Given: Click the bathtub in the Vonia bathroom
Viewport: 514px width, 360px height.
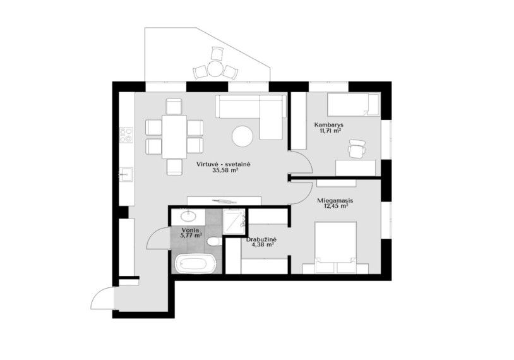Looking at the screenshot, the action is [x=195, y=263].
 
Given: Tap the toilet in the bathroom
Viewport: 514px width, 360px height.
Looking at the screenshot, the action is [x=214, y=241].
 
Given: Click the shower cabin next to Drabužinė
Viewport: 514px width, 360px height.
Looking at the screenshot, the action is [x=234, y=221].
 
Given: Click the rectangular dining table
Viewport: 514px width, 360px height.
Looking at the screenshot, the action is [x=174, y=136].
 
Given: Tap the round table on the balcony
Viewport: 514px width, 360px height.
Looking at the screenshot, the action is [x=215, y=68].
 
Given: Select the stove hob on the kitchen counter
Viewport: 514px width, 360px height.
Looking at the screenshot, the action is [x=126, y=135].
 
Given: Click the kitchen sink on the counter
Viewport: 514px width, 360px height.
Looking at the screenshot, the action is [x=126, y=174].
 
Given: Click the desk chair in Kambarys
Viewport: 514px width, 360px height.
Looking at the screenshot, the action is [x=357, y=148].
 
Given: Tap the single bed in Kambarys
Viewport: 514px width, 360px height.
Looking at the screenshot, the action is [x=354, y=105].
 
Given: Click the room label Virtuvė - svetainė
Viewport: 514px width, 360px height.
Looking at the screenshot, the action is [x=224, y=164].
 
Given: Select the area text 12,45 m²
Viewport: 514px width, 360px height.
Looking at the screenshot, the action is [x=335, y=207].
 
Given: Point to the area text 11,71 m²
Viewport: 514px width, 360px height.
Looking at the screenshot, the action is [x=329, y=131].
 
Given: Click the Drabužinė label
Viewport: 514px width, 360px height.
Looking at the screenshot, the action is [x=261, y=239].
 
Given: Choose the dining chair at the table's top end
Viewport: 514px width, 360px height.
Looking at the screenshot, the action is [x=174, y=106].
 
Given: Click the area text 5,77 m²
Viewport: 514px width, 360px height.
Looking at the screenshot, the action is [x=191, y=235].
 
